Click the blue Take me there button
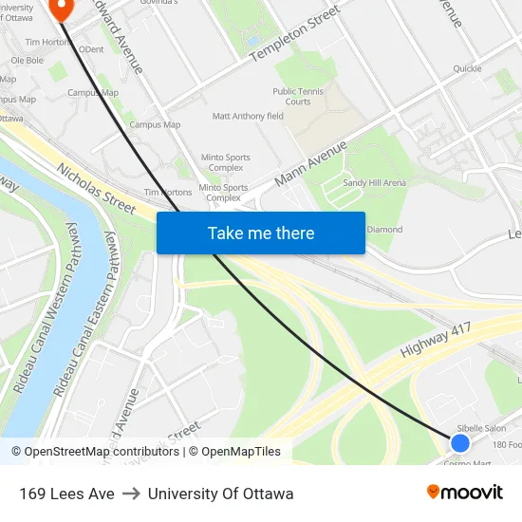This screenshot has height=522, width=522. (261, 233)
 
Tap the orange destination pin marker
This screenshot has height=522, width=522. (61, 8)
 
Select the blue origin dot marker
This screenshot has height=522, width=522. (460, 442)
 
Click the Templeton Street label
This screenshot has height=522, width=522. (294, 34)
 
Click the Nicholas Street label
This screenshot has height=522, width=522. (95, 188)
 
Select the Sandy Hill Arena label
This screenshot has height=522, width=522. (374, 182)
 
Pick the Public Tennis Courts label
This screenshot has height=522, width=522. (298, 97)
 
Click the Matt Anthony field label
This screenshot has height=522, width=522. (248, 116)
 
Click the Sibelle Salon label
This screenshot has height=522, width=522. (481, 428)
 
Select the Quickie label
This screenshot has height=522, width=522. (467, 68)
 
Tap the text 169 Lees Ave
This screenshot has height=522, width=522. (66, 494)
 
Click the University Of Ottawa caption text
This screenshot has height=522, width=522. (220, 494)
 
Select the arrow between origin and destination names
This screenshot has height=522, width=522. (131, 494)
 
